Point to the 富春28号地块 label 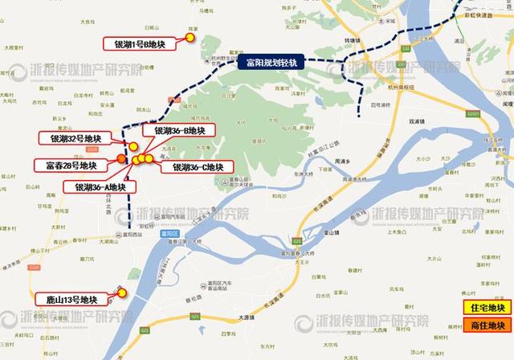[x=71, y=165]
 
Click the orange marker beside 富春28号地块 [x=120, y=158]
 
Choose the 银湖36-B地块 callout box [x=178, y=131]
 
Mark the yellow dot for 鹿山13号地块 [x=122, y=293]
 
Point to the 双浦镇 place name [x=415, y=122]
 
